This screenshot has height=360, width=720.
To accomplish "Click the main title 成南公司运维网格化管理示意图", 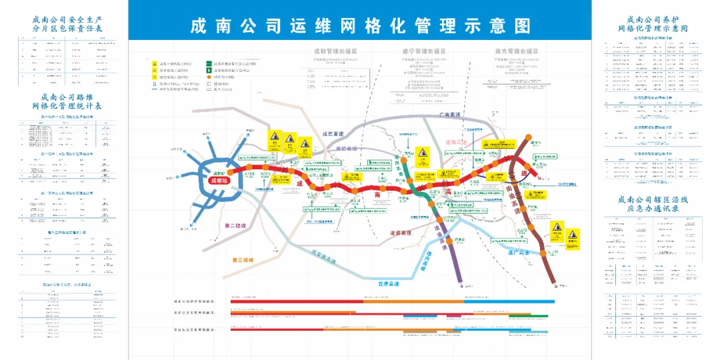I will [x=360, y=26].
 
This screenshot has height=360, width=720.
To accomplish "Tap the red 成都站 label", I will [x=218, y=180].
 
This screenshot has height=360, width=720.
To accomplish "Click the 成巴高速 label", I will [x=331, y=133].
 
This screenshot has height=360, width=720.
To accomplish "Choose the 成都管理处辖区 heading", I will [x=335, y=51].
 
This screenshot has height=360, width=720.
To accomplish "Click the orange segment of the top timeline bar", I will [x=413, y=302].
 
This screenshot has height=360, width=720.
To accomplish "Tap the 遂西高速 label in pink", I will [x=457, y=142].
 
